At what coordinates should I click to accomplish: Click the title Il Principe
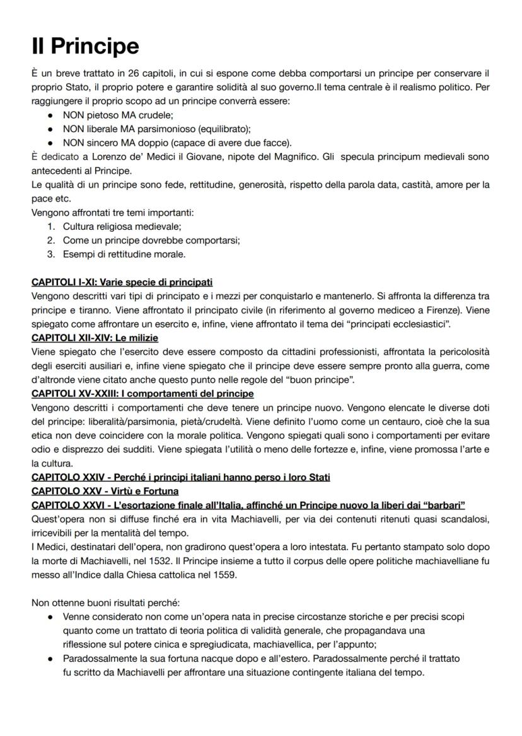point(85,46)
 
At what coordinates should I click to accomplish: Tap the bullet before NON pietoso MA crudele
point(50,116)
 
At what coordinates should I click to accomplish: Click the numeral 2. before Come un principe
point(51,241)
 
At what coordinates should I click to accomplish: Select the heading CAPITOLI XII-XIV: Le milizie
point(95,337)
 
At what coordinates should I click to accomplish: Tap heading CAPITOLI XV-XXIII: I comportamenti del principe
point(142,393)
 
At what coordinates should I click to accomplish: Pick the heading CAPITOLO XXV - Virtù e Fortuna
point(105,490)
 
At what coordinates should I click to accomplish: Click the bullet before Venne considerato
point(50,616)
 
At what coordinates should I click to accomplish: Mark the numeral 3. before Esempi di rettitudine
point(51,254)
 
